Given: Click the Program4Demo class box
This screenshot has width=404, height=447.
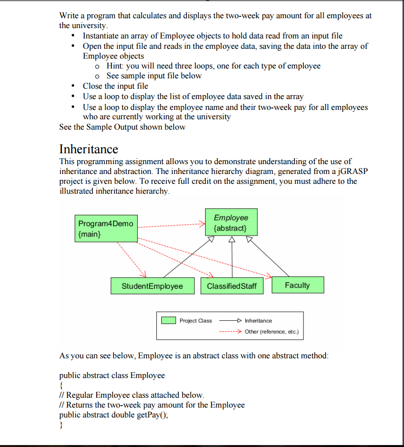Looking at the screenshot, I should pyautogui.click(x=106, y=228).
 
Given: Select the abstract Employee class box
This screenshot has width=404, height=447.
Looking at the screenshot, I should pyautogui.click(x=230, y=223).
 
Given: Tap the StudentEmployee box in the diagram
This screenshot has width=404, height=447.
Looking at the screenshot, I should pyautogui.click(x=152, y=286).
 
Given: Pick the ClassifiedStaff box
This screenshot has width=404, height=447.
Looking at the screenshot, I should pyautogui.click(x=232, y=286).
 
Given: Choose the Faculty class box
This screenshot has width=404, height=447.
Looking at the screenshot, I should pyautogui.click(x=297, y=285).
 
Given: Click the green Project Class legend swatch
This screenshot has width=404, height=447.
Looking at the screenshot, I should pyautogui.click(x=169, y=320).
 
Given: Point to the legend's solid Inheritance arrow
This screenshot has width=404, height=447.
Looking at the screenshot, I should pyautogui.click(x=229, y=320).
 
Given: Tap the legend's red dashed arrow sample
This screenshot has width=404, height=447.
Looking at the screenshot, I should pyautogui.click(x=229, y=331).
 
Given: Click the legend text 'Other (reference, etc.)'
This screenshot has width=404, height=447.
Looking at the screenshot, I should pyautogui.click(x=271, y=331).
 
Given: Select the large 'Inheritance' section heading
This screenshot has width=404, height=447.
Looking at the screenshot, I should pyautogui.click(x=89, y=149).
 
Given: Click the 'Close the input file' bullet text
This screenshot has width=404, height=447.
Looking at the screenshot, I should pyautogui.click(x=115, y=86).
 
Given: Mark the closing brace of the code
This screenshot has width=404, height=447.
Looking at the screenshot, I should pyautogui.click(x=61, y=425).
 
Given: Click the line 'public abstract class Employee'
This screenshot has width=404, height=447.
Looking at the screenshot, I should pyautogui.click(x=112, y=375).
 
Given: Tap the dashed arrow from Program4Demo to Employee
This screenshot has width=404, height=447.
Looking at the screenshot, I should pyautogui.click(x=170, y=226).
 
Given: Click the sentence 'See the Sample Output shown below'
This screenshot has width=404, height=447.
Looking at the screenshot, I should pyautogui.click(x=122, y=127).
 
